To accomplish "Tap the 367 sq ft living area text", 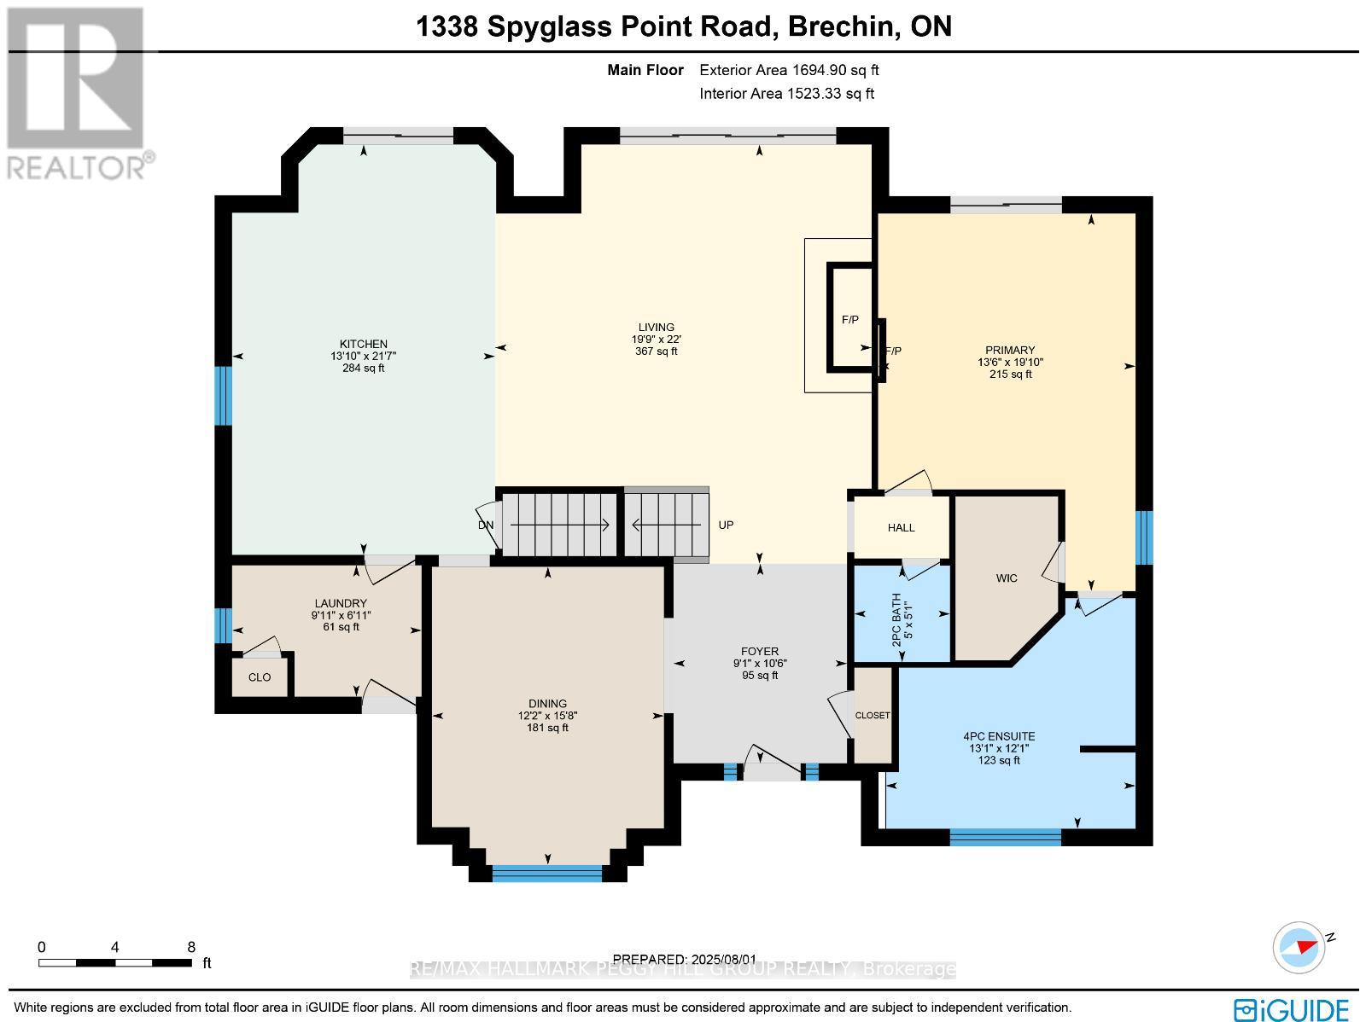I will coord(656,351).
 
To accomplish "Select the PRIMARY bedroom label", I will coord(1010,350).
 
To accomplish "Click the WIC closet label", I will coord(1007,578).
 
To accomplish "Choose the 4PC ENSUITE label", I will coord(999,735).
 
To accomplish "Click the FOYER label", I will coord(760,651).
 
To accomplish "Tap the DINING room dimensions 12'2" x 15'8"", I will coord(547,716).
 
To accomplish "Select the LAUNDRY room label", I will coord(340,603).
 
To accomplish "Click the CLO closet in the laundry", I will coord(260,677).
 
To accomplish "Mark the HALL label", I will coord(901,528).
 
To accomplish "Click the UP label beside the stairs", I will coord(726,526).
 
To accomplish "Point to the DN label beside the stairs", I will coord(485,526).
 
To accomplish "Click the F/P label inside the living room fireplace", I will coord(850,320).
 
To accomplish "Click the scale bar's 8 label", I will coord(191,947).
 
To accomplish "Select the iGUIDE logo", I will coord(1292,1008).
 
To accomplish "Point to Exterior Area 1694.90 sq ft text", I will coord(789,71).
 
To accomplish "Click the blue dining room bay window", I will coord(547,873).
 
